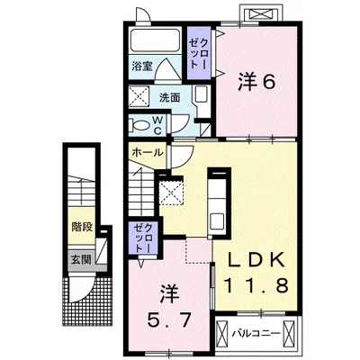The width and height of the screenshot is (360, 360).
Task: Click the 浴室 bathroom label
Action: pyautogui.click(x=142, y=67)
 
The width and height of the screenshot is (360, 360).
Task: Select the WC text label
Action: pyautogui.click(x=158, y=125)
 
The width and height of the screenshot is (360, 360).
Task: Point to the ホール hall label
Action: pyautogui.click(x=148, y=153)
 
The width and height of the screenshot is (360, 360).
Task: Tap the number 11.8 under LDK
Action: pyautogui.click(x=256, y=285)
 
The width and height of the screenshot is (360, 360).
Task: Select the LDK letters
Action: pyautogui.click(x=256, y=260)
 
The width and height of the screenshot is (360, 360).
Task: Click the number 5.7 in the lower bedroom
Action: pyautogui.click(x=168, y=319)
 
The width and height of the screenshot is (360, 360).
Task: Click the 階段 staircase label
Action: pyautogui.click(x=82, y=227)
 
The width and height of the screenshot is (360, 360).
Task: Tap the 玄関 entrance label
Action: pyautogui.click(x=81, y=259)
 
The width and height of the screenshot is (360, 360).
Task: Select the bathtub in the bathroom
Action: pyautogui.click(x=155, y=41)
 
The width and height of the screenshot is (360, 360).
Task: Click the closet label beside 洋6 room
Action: pyautogui.click(x=198, y=54)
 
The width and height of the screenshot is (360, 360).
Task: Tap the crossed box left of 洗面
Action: pyautogui.click(x=139, y=96)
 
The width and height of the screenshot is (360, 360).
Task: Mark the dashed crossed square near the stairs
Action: pyautogui.click(x=170, y=193)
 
